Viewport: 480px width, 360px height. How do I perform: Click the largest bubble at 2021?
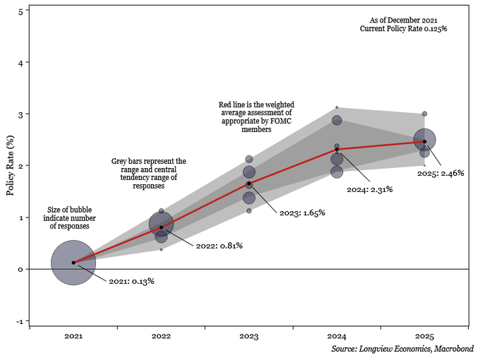tap(73, 263)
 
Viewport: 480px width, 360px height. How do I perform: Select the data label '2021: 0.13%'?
tap(131, 282)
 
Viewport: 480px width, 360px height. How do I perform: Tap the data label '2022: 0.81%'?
tap(220, 246)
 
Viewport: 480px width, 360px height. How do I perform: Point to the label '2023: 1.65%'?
tap(302, 212)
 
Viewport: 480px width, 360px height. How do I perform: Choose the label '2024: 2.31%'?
tap(369, 189)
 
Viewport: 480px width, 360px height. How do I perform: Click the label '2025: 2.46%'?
tap(441, 173)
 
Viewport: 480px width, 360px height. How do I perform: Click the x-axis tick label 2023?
tap(248, 337)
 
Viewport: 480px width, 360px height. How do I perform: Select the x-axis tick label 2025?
tap(424, 337)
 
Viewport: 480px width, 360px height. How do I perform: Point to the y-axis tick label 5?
tap(21, 11)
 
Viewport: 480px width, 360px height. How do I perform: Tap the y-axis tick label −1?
tap(20, 322)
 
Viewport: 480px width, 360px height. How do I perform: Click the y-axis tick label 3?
tap(21, 114)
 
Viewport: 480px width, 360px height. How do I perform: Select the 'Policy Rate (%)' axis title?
tap(10, 166)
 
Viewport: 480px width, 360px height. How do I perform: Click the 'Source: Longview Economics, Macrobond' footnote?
tap(402, 349)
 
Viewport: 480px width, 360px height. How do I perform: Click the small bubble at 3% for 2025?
tap(424, 114)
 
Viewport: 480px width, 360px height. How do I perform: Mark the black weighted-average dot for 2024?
tap(337, 150)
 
